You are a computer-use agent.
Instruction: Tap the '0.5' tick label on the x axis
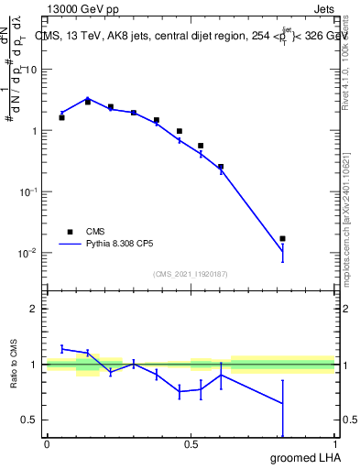pyautogui.click(x=191, y=443)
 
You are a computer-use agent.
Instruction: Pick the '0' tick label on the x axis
pyautogui.click(x=47, y=443)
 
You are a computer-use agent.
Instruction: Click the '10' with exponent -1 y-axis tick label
pyautogui.click(x=27, y=191)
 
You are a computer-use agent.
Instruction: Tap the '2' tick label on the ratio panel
pyautogui.click(x=34, y=310)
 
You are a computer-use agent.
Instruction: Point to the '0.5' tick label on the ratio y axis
pyautogui.click(x=29, y=420)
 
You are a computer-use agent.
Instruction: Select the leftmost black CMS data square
pyautogui.click(x=61, y=117)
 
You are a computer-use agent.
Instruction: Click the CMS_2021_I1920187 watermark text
pyautogui.click(x=191, y=273)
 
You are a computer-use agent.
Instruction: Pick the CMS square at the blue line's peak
pyautogui.click(x=88, y=102)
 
